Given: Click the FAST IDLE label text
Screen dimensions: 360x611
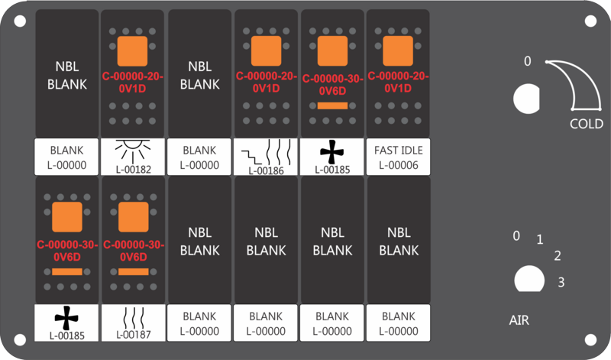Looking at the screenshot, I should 397,151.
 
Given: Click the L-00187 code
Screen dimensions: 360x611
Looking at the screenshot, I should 132,334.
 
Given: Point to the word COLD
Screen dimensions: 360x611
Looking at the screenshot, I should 587,124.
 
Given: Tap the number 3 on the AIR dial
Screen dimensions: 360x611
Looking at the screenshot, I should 561,283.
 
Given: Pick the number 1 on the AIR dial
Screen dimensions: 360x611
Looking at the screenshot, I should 540,240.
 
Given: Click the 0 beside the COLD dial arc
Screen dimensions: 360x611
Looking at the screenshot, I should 527,61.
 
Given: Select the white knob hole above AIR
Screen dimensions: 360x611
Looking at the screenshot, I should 526,279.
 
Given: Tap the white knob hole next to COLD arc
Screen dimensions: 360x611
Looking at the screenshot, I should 526,98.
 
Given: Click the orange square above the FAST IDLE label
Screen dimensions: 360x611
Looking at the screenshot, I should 397,50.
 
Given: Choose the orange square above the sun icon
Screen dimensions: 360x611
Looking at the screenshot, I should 132,50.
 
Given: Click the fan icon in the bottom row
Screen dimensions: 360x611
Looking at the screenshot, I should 66,317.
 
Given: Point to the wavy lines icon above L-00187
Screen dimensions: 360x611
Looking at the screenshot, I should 132,316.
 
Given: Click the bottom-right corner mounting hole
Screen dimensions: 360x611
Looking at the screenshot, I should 590,339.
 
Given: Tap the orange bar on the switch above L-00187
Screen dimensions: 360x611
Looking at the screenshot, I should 132,271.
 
